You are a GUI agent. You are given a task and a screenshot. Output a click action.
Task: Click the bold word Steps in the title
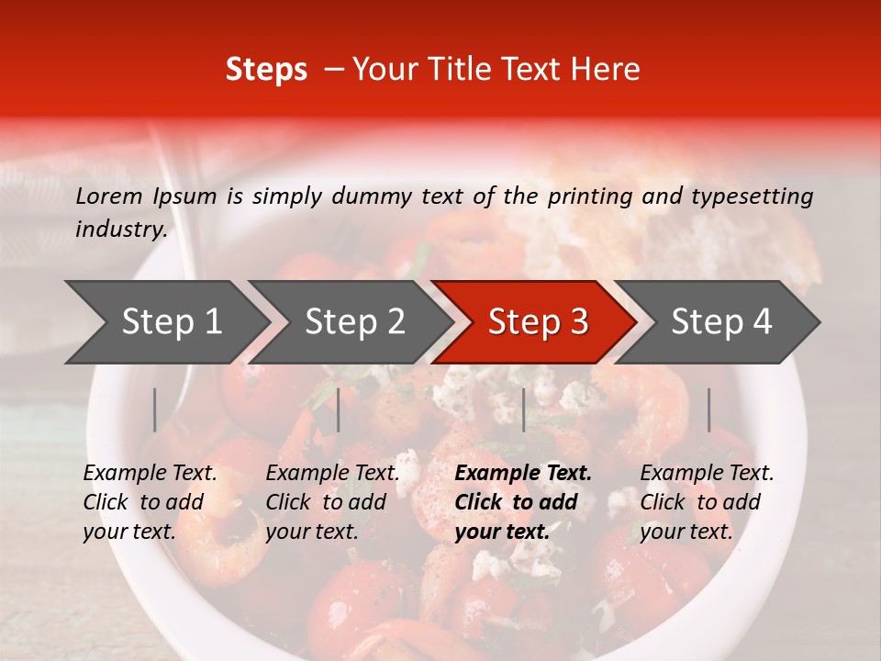266,70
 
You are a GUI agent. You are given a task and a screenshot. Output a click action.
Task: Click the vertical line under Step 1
155,409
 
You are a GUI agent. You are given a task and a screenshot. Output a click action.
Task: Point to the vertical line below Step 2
339,409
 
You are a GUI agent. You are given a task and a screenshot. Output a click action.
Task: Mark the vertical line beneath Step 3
523,409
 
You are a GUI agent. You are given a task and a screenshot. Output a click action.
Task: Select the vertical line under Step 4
708,409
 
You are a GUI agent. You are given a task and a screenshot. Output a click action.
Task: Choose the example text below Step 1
150,502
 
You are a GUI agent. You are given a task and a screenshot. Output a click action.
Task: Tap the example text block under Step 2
332,502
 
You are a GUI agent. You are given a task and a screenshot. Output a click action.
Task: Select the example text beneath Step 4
706,502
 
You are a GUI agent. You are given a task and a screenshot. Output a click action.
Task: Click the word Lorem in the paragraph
109,196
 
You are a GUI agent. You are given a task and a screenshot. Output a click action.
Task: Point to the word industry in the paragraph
121,230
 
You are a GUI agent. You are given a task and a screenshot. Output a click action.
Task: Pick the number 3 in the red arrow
577,322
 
